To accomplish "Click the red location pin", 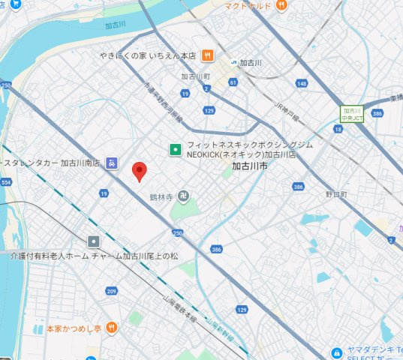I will (139, 171).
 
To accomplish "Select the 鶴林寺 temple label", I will (161, 197).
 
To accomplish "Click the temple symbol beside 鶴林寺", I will (182, 196).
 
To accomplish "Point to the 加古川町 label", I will (195, 76).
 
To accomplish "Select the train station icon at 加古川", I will (234, 62).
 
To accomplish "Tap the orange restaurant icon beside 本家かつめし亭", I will (112, 327).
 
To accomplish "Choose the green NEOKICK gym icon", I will (176, 148).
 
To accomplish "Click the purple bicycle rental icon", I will (112, 161).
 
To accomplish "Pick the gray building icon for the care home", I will (93, 241).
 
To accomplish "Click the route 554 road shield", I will (7, 182).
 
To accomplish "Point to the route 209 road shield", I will (111, 291).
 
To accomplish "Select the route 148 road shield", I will (302, 83).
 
